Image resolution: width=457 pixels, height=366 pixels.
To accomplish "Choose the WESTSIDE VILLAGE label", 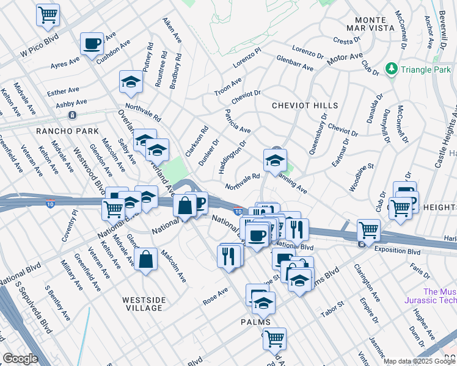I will point(150,304).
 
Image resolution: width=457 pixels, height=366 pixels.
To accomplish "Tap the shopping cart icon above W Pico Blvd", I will point(48,15).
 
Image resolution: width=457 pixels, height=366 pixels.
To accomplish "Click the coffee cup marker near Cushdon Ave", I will point(92,44).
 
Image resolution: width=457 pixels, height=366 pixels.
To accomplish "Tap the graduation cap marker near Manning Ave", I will point(275,161).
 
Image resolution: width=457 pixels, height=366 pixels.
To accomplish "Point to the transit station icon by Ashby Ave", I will point(72,115).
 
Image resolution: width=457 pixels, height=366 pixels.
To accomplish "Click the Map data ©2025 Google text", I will point(419,361).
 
